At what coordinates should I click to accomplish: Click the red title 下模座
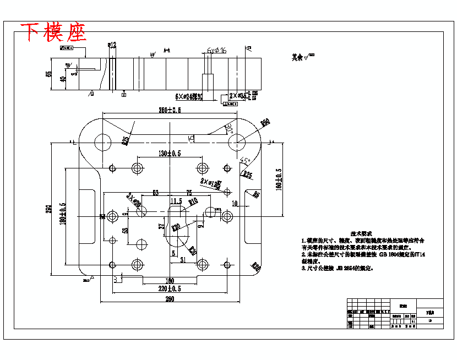tap(54, 32)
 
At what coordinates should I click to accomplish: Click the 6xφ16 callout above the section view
tap(217, 50)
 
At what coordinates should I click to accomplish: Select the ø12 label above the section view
tap(112, 45)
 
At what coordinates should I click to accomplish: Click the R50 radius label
tap(265, 123)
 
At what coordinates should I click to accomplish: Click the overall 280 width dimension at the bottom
tap(170, 299)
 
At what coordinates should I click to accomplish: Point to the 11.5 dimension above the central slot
tap(177, 200)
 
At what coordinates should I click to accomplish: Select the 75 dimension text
tap(189, 193)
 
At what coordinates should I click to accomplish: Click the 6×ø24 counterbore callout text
tap(189, 97)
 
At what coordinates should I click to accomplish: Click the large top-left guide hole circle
tap(102, 143)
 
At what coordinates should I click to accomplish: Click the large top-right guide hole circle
tap(237, 143)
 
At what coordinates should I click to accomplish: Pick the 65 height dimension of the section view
tap(49, 74)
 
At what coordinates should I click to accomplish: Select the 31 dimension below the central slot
tap(182, 260)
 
